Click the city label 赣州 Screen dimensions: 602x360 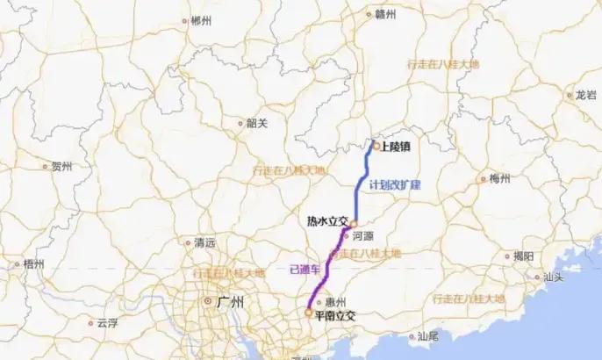tap(386, 14)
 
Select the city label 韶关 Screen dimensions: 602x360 tap(256, 123)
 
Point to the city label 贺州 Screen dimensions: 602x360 tap(61, 166)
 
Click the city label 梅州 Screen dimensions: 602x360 tap(500, 178)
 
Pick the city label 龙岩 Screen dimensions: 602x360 tap(585, 95)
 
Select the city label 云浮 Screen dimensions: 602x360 tap(106, 322)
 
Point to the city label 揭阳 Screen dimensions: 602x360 tap(523, 256)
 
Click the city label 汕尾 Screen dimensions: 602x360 tap(427, 335)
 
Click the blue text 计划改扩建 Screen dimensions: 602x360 tap(395, 184)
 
